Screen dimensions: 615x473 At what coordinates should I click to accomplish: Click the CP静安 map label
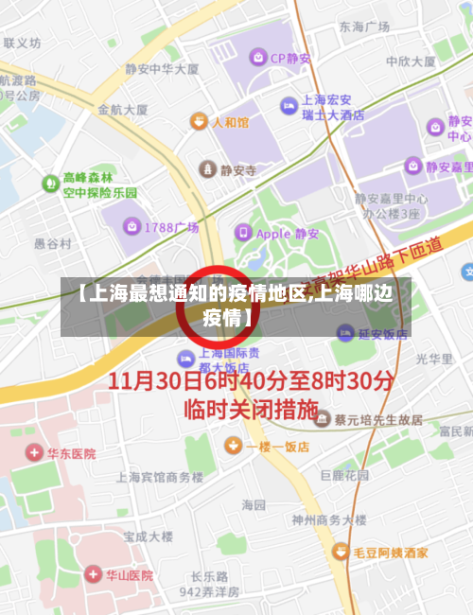290,57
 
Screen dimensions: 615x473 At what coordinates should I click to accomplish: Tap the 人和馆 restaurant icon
198,121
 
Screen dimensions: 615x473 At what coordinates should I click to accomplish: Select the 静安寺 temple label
237,170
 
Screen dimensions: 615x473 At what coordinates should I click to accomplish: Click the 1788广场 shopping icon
133,227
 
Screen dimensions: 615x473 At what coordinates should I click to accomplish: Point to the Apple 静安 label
287,233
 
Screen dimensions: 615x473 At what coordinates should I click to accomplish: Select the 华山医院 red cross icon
93,573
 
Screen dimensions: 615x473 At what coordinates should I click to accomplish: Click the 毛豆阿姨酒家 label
389,552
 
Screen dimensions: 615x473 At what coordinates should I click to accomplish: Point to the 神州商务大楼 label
328,519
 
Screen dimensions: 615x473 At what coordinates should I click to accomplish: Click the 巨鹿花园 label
344,475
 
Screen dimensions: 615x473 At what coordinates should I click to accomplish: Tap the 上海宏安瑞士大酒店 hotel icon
288,106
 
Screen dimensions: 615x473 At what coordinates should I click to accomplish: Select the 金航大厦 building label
123,109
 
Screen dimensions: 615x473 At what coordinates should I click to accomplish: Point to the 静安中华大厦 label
162,69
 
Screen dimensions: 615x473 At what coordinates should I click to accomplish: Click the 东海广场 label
365,26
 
